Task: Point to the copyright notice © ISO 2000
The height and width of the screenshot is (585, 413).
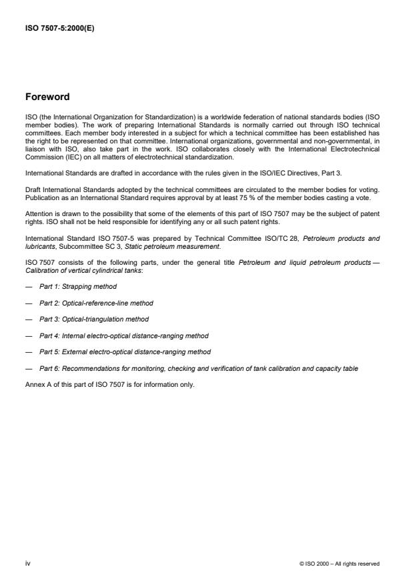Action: [x=340, y=563]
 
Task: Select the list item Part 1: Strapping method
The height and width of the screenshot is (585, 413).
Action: [x=77, y=286]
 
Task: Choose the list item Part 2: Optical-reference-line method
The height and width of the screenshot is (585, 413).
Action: [x=97, y=303]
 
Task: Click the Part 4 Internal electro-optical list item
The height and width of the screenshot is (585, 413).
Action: [x=123, y=336]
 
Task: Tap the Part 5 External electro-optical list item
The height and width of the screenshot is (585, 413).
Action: [x=125, y=352]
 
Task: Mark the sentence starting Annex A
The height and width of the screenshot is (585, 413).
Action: [x=109, y=384]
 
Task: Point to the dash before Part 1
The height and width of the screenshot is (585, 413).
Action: [x=29, y=286]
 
